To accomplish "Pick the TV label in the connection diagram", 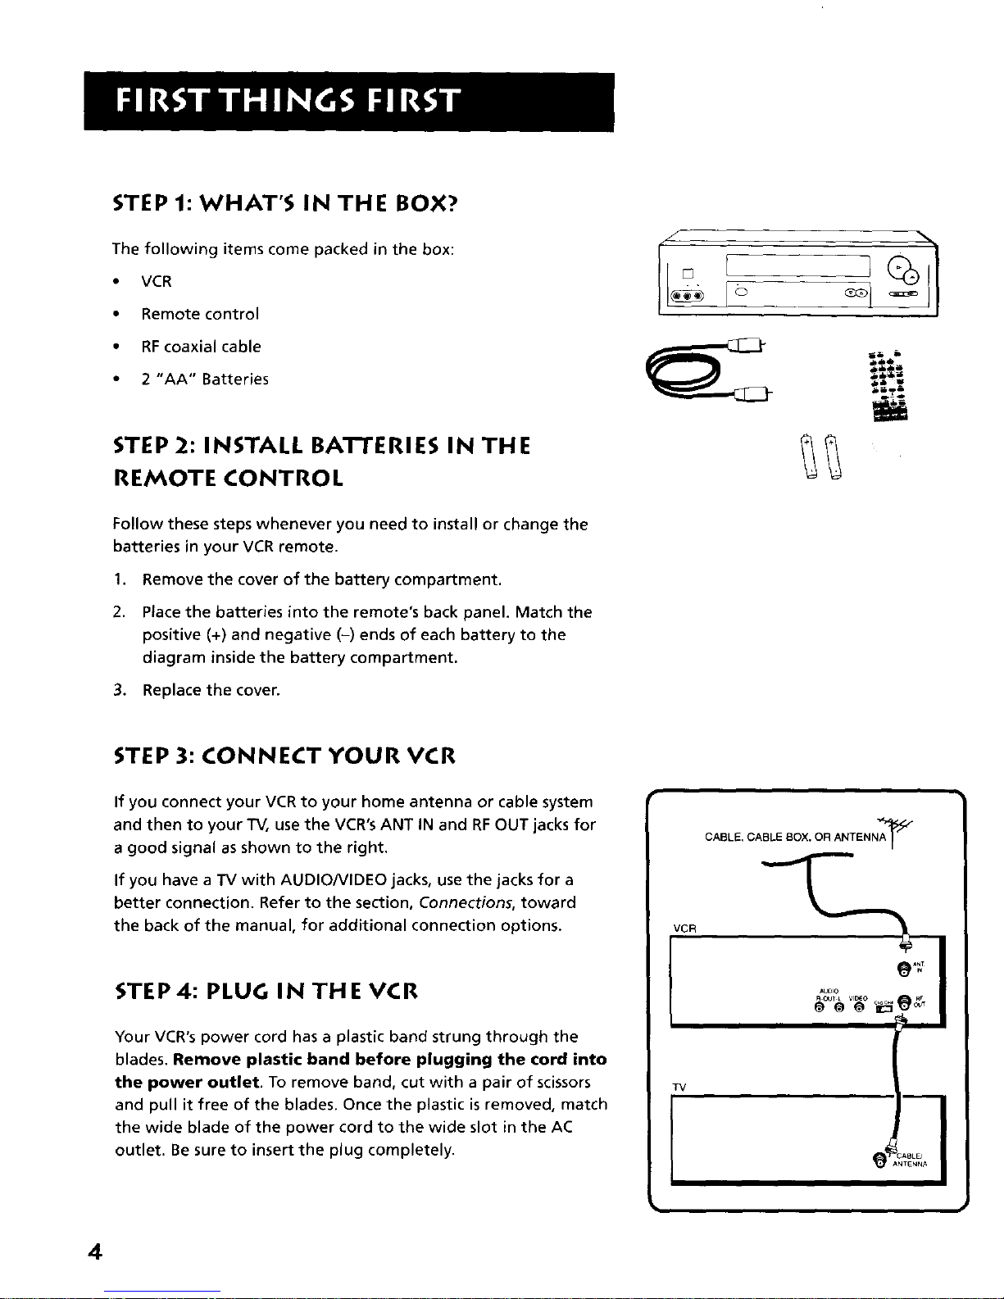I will pyautogui.click(x=679, y=1086).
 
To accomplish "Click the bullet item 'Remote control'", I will pyautogui.click(x=200, y=314).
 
